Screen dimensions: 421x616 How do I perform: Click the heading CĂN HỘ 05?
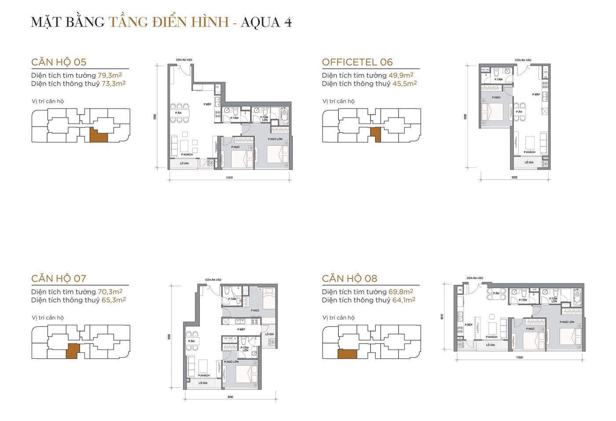(59, 62)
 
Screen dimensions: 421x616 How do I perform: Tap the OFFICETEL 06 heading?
(357, 62)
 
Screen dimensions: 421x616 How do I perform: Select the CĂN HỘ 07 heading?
(59, 278)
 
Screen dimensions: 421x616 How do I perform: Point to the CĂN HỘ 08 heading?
(349, 278)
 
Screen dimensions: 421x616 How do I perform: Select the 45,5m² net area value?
(404, 83)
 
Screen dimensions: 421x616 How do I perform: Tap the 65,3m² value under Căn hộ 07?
(114, 300)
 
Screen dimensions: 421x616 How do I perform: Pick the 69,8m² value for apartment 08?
(401, 291)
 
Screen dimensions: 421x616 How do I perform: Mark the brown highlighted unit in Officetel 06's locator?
(375, 134)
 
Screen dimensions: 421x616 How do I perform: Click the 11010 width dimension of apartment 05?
(229, 178)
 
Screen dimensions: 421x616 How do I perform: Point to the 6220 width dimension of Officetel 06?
(515, 178)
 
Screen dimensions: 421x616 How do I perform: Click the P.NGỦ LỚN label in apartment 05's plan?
(275, 139)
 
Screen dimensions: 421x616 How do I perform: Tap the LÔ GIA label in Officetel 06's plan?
(529, 163)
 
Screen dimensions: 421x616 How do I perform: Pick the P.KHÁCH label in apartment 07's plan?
(203, 375)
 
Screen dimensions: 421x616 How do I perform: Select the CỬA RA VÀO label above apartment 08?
(475, 278)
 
